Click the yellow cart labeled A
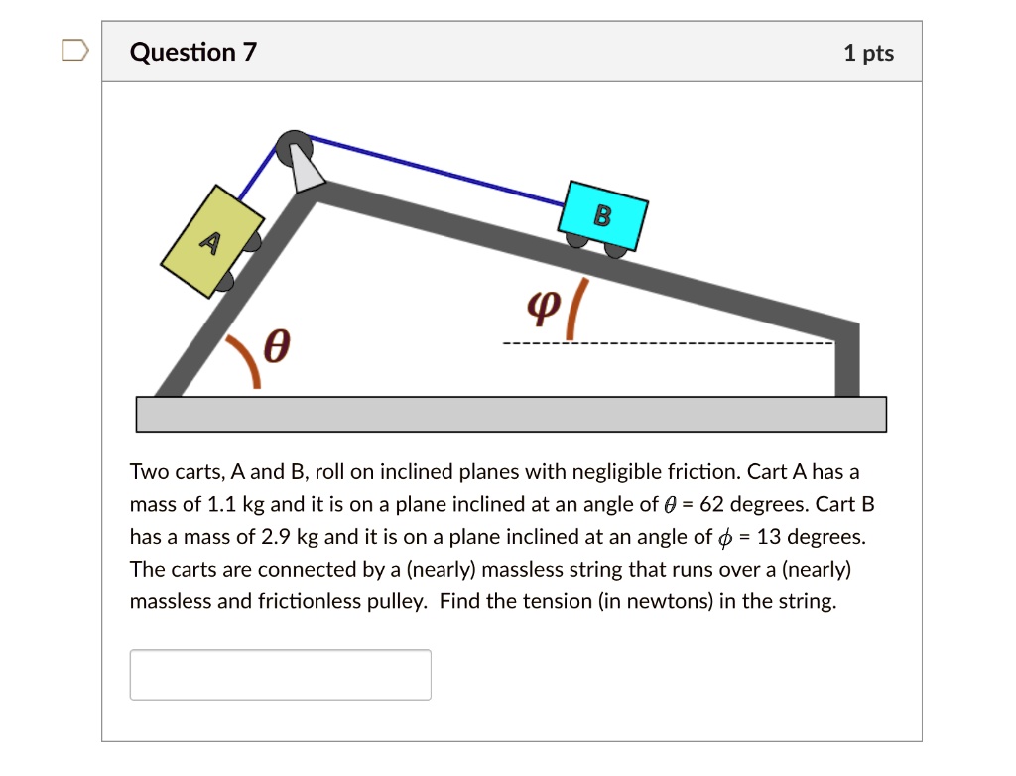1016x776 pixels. click(x=212, y=241)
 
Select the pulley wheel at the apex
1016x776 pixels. click(x=295, y=149)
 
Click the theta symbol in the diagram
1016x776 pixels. click(x=280, y=348)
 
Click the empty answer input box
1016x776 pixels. click(x=280, y=675)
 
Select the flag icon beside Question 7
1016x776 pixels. click(x=75, y=51)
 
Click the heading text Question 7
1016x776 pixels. click(x=192, y=52)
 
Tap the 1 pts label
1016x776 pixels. click(x=868, y=53)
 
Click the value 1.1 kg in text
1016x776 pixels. click(x=235, y=504)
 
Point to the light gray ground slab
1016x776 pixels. click(x=510, y=414)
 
